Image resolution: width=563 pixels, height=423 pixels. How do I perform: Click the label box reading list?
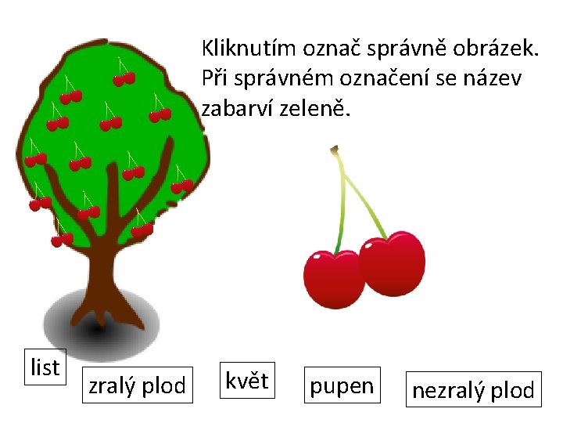click(x=45, y=367)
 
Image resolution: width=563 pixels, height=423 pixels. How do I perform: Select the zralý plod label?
click(x=137, y=385)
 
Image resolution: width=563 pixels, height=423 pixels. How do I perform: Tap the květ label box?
click(x=246, y=381)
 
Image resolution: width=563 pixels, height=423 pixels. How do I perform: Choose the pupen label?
click(x=342, y=385)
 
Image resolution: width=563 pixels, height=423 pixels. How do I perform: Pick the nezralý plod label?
click(x=473, y=389)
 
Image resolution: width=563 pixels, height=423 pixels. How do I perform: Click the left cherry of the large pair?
click(x=333, y=279)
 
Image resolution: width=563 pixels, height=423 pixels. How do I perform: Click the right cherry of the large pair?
click(x=394, y=262)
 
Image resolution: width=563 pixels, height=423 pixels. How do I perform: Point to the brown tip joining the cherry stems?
click(x=335, y=148)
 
